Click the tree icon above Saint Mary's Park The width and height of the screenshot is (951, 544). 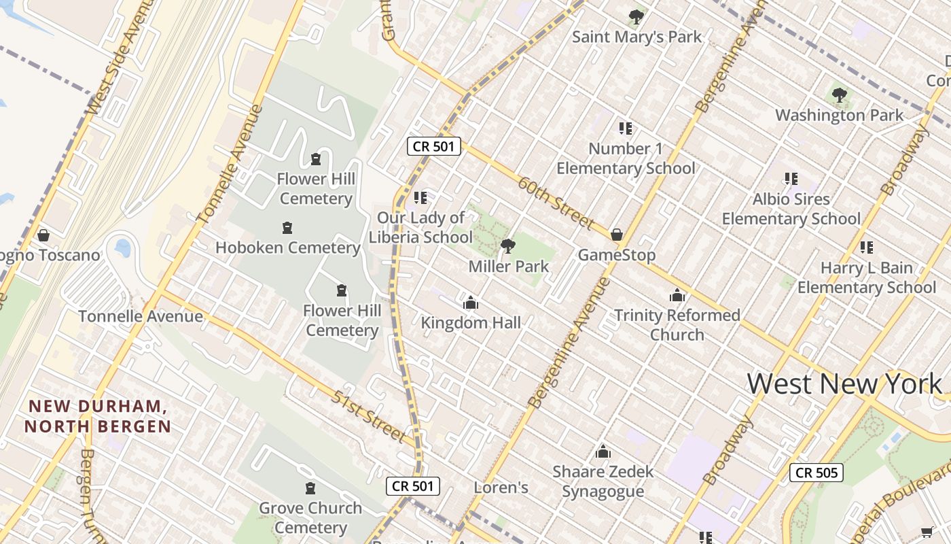coord(636,16)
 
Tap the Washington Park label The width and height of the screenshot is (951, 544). coord(839,115)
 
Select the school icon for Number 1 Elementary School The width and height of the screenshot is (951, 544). coord(625,128)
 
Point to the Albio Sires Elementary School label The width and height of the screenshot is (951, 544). coord(791,209)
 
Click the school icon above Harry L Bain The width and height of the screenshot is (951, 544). coord(866,248)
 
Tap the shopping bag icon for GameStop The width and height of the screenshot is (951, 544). coord(617,235)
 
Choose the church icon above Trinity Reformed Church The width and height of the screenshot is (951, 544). coord(677,295)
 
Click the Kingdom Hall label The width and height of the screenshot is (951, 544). coord(471,322)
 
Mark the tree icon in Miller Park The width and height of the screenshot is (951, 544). coord(507,245)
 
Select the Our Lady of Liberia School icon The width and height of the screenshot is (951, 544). coord(420,198)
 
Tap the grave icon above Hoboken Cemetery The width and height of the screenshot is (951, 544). coord(287,227)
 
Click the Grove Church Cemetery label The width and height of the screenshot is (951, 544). coord(310,517)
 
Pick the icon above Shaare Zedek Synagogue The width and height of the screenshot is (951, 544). coord(603,452)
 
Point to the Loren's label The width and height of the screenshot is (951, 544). coord(501,488)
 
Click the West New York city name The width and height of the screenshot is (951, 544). coord(844,384)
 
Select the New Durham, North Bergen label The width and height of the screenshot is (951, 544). coord(97,416)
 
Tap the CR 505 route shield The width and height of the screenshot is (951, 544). coord(816,473)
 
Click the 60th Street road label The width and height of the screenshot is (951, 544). coord(556,203)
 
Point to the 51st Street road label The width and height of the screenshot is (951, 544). coord(369,416)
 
